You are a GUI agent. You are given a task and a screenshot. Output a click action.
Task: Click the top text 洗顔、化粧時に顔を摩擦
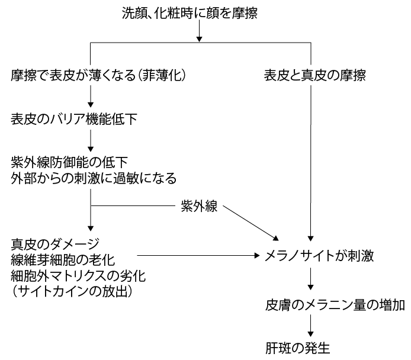[x=198, y=12]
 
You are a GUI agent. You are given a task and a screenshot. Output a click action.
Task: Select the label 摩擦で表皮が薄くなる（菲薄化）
[x=99, y=76]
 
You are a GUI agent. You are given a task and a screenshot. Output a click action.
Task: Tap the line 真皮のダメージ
[x=55, y=243]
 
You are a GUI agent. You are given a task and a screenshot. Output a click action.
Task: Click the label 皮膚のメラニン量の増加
[x=335, y=306]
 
